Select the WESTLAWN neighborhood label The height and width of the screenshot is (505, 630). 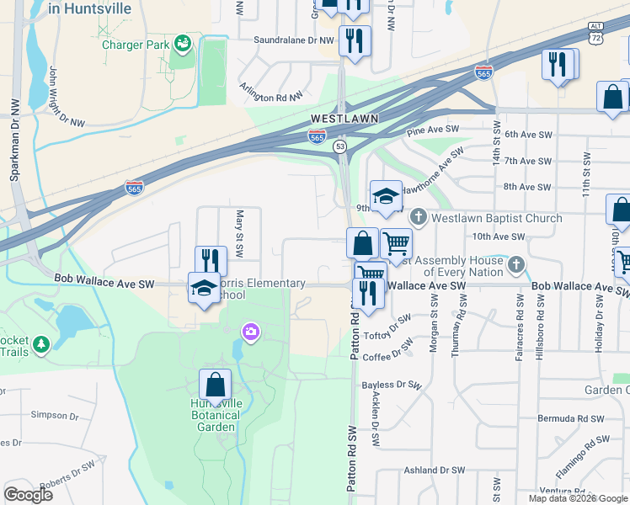coord(344,119)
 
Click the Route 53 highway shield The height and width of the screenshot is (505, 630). coord(339,146)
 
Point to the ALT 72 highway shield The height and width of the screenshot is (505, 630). coord(597,35)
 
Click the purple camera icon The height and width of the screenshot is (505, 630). coord(250,333)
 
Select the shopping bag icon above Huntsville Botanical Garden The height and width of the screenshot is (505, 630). coord(216,385)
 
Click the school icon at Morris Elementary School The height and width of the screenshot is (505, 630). coord(204,288)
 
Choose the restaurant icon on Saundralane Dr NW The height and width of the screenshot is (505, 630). coord(354,40)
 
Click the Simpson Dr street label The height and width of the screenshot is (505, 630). coord(54,415)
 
